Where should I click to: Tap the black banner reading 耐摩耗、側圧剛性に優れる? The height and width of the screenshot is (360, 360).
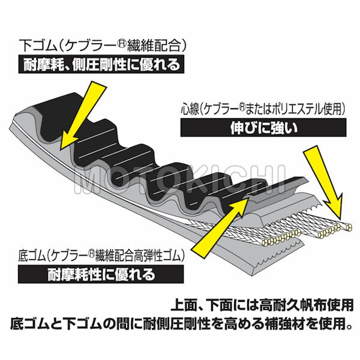101,65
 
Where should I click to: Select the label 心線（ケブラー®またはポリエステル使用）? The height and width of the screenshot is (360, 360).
263,109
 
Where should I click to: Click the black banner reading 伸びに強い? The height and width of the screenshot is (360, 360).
263,128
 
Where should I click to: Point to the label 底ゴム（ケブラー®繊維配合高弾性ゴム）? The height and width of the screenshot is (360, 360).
101,256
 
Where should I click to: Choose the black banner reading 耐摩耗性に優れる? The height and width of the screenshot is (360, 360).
101,274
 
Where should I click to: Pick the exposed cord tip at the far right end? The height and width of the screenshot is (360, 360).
348,227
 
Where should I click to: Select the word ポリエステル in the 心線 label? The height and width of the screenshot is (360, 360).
300,109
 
